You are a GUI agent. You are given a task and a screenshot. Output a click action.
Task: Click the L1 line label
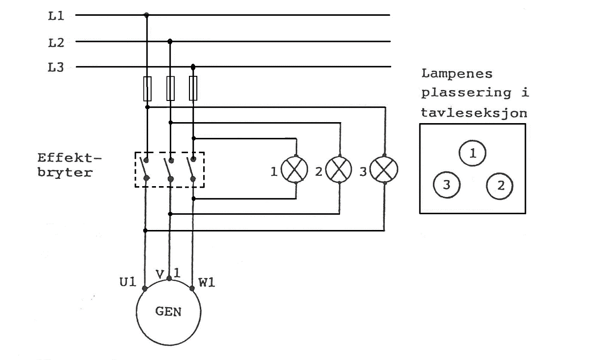(x=56, y=16)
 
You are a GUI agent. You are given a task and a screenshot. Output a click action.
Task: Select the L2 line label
(x=56, y=43)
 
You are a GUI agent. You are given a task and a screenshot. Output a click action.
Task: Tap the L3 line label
(x=56, y=67)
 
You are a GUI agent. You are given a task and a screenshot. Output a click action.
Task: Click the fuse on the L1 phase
(x=148, y=89)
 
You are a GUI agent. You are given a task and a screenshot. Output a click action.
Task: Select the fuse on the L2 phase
(x=170, y=89)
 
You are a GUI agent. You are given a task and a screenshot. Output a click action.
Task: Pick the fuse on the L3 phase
(x=193, y=89)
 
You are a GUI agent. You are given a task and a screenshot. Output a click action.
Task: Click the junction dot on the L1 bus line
(x=147, y=15)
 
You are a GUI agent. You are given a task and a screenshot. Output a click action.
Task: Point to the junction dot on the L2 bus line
(x=170, y=41)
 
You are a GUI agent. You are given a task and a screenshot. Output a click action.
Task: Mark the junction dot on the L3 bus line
(x=193, y=67)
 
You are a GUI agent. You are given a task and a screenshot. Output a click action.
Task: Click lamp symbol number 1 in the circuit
(x=295, y=170)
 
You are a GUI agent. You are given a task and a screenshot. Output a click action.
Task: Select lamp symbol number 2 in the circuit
(x=339, y=169)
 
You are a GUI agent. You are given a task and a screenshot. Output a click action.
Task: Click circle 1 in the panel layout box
(x=472, y=153)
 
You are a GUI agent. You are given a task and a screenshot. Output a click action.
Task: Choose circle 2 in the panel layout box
(x=499, y=186)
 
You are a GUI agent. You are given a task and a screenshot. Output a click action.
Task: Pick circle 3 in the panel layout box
(x=447, y=185)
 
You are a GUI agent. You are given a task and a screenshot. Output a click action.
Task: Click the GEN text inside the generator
(x=168, y=312)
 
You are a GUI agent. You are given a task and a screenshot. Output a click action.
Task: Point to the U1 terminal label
(x=127, y=282)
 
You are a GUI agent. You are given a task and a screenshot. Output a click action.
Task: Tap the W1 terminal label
(x=207, y=282)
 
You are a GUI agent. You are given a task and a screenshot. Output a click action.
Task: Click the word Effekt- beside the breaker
(x=69, y=158)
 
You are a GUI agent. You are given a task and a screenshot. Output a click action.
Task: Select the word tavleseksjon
(x=474, y=113)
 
